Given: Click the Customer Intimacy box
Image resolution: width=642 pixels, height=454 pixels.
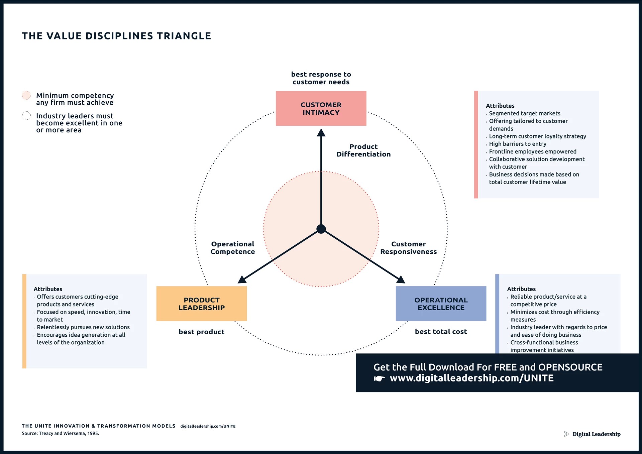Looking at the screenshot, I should (x=321, y=108).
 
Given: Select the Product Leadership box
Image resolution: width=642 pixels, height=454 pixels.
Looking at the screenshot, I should (x=202, y=304).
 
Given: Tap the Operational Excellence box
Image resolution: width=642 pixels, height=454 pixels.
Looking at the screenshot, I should (x=441, y=304).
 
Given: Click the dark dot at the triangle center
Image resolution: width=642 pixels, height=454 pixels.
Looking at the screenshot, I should (x=321, y=229).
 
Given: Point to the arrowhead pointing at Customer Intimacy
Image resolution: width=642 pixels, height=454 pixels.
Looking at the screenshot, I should (x=321, y=133).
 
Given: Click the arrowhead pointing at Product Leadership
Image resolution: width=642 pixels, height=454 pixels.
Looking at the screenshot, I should (x=242, y=279).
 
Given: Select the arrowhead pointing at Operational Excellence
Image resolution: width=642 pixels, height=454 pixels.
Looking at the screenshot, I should (x=401, y=279).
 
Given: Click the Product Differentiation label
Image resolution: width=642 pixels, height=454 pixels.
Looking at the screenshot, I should (x=363, y=150).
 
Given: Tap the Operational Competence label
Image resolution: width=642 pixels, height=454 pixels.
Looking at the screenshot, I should (x=233, y=248).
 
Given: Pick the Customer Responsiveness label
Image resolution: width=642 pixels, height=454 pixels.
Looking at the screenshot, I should (x=408, y=248).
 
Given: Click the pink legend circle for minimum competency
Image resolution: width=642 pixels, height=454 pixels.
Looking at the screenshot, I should (x=26, y=95).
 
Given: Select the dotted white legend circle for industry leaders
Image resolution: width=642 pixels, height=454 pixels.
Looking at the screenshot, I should (x=26, y=116).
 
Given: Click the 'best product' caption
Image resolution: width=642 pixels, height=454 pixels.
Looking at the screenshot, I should (x=202, y=332).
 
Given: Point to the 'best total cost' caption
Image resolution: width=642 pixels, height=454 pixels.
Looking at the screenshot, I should (x=441, y=331).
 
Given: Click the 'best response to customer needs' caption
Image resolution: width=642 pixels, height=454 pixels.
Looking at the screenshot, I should (x=321, y=78).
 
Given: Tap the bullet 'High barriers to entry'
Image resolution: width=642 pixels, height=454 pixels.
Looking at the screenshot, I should (x=517, y=144).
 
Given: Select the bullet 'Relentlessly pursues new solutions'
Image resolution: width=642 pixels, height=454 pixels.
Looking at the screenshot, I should (x=83, y=327).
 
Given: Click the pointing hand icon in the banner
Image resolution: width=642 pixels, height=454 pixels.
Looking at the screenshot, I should (x=379, y=378).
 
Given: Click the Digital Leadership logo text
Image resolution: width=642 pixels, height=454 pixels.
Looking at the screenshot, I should (x=596, y=434).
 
